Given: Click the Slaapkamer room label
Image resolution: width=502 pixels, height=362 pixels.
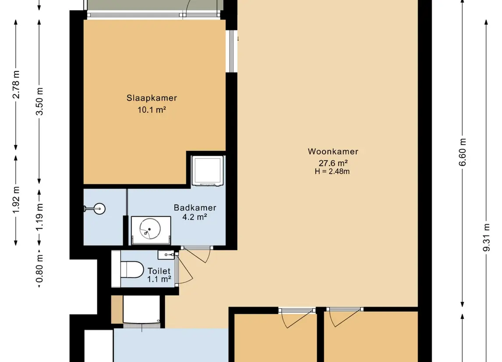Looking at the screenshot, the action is coord(152,98).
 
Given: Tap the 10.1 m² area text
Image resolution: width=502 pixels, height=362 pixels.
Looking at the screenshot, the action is coord(152,110).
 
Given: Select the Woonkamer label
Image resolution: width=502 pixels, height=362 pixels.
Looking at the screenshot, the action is coord(333,151).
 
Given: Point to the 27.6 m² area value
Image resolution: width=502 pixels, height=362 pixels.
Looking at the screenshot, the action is coord(333,163).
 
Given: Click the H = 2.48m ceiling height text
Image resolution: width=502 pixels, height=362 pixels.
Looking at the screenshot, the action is coord(332,172).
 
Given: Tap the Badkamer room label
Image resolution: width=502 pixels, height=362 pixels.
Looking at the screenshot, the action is coord(195,208).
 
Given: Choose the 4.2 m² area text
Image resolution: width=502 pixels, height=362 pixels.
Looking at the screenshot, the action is coord(195,217).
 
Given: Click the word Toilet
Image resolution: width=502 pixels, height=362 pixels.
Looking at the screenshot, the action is coord(159,271).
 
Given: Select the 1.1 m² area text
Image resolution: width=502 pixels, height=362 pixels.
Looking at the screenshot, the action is coord(159,280).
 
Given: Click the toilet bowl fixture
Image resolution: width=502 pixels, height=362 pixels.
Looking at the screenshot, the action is coord(132,269).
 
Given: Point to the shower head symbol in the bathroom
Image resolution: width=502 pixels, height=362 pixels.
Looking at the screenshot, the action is coord(95,209).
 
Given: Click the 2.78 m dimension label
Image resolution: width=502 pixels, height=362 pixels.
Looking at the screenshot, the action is coord(16,85).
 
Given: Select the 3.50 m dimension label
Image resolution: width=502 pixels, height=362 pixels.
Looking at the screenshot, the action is coord(39,101).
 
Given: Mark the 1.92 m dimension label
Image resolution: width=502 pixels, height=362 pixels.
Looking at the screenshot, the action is coord(16,199).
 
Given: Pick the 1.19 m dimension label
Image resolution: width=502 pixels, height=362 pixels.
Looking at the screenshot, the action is coord(39,217).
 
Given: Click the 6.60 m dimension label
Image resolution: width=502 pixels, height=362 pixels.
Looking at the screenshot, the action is coord(463,152).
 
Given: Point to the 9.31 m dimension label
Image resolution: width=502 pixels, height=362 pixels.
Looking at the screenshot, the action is coord(486,238).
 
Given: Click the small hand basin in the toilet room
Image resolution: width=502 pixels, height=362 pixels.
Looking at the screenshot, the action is coord(166,255).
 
